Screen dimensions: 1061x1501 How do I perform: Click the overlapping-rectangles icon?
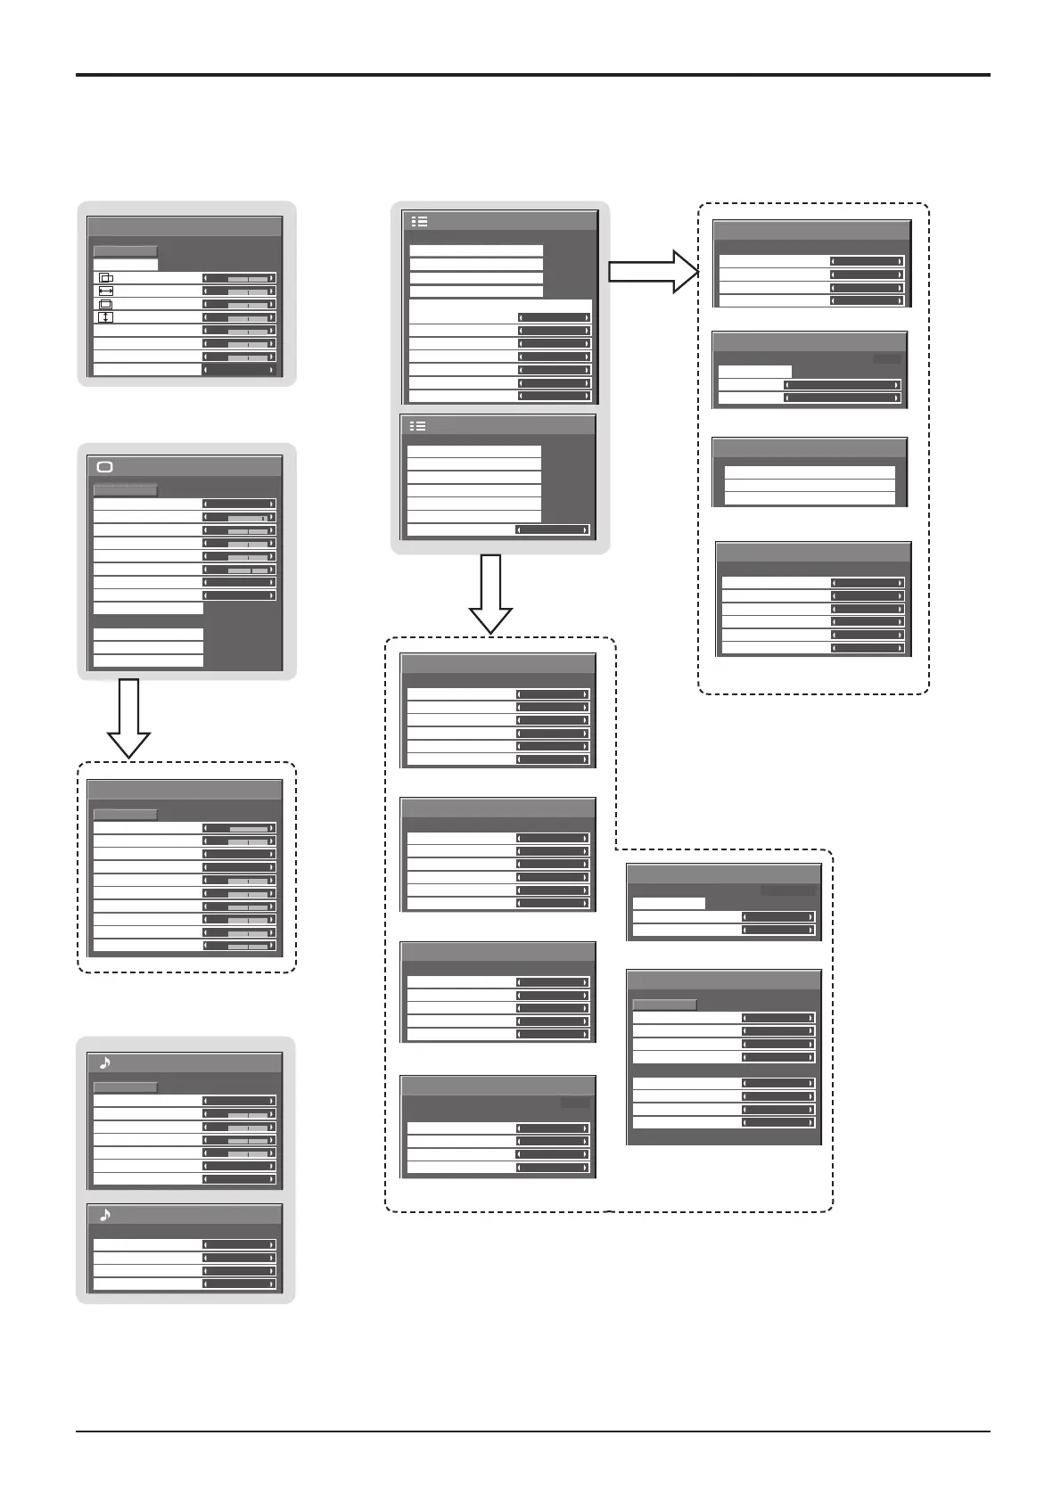pos(105,278)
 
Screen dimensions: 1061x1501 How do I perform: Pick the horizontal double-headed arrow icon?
pos(105,291)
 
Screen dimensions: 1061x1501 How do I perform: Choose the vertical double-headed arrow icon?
pos(105,317)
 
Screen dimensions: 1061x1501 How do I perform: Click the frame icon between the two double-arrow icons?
pos(105,304)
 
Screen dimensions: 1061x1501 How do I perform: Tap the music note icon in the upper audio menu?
pos(105,1062)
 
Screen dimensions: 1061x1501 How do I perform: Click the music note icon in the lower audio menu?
pos(105,1215)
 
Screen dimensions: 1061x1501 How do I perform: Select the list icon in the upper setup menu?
pos(419,221)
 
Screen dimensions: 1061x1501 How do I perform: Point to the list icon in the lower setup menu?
pos(417,426)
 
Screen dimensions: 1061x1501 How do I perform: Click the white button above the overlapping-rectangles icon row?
pos(126,265)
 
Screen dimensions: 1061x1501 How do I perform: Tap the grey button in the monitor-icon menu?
pos(126,490)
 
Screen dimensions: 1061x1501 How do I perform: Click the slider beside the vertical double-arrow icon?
pos(239,317)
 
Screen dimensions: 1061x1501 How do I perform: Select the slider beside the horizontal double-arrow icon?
pos(239,291)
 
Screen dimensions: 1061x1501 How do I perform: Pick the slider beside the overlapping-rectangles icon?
pos(239,278)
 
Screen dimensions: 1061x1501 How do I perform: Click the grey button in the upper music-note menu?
pos(126,1087)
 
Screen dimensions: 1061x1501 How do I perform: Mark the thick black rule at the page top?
pos(532,75)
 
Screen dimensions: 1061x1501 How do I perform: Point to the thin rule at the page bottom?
pos(532,1432)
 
